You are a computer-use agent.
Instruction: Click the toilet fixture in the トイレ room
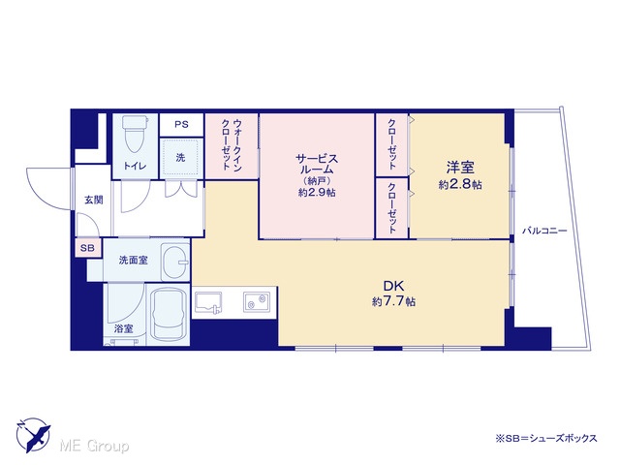134,134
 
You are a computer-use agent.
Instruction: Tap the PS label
181,124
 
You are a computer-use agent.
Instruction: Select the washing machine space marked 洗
181,158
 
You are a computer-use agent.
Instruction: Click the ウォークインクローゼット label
232,144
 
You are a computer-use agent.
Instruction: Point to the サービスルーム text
317,164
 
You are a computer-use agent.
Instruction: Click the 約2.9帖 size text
317,193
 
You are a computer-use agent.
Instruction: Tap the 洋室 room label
460,168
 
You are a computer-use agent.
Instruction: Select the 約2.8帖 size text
460,184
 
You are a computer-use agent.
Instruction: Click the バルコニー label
544,231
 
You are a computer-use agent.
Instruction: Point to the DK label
393,286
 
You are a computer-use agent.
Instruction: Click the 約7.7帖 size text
393,301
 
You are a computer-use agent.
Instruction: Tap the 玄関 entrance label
94,200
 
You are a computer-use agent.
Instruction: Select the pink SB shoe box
88,248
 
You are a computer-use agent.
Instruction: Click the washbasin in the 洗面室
175,262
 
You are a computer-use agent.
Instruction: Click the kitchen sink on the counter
208,303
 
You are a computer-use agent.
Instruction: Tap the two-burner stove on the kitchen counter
256,301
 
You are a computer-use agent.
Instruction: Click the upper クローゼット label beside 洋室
391,144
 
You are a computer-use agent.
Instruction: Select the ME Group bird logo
33,435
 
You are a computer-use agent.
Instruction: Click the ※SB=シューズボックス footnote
546,439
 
